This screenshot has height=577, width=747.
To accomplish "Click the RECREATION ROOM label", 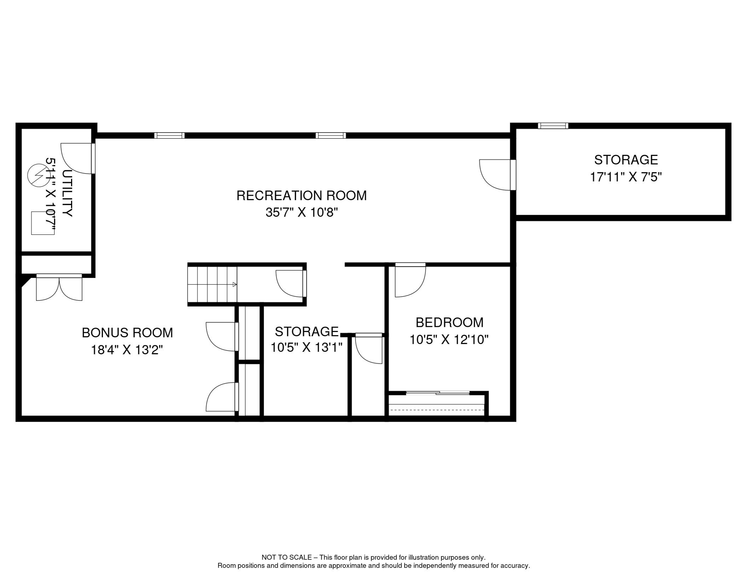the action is (301, 196).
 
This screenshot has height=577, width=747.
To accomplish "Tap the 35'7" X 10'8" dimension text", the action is (302, 213).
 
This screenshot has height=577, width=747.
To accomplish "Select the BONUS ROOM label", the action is (127, 333).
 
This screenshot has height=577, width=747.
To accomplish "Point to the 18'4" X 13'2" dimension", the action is (127, 350).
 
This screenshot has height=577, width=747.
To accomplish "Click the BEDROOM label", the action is (449, 323).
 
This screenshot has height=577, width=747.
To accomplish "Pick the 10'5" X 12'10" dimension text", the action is (449, 340).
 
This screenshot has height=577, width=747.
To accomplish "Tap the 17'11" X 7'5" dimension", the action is (626, 177).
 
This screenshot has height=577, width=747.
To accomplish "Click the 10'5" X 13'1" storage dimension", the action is (307, 347).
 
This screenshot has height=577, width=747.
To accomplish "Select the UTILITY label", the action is (67, 193).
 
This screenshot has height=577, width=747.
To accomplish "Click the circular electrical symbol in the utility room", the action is (39, 175).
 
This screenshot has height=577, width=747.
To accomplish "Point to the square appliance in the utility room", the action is (43, 223).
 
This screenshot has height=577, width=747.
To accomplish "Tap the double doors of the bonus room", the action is (59, 287).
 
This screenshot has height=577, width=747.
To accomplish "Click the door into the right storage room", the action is (497, 175).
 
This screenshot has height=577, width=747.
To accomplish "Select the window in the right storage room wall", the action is (553, 126).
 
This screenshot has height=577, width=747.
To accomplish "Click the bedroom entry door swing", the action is (410, 280).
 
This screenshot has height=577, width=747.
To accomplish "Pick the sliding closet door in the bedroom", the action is (438, 393).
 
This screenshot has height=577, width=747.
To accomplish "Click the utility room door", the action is (78, 159).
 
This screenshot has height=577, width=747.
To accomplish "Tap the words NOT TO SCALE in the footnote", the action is (287, 557).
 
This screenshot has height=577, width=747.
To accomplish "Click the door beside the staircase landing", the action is (291, 284).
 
